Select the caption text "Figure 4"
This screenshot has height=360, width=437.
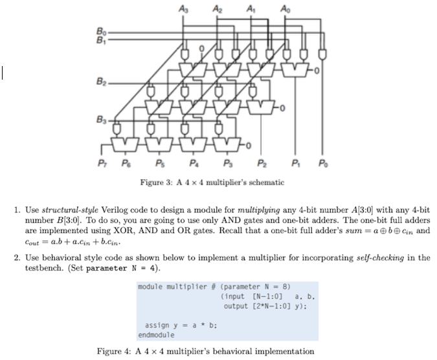[x=115, y=351]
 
